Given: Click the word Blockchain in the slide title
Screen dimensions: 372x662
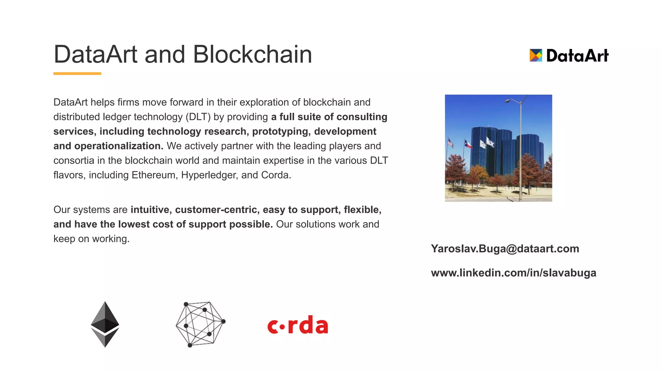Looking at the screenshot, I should [252, 54].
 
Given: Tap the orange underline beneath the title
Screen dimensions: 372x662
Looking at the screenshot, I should [77, 74].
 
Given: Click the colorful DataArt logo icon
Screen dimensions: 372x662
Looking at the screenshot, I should [536, 55].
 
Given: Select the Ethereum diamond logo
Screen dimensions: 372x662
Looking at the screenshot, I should [105, 324].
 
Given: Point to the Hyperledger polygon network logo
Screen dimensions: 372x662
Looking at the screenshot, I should [200, 324].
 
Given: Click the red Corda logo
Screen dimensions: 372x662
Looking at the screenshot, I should [298, 325].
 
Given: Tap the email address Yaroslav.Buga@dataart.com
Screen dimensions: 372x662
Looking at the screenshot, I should [505, 249].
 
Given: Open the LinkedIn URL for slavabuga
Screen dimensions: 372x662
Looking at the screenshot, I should [513, 273].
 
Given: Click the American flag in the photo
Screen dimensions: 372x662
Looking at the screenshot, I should [450, 142].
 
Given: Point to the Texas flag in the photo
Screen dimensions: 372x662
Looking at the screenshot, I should [468, 144].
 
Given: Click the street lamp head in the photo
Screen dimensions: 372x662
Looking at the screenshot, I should [508, 101].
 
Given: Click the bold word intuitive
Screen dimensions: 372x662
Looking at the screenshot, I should [150, 210].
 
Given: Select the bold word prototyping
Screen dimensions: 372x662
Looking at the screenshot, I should [281, 131].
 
